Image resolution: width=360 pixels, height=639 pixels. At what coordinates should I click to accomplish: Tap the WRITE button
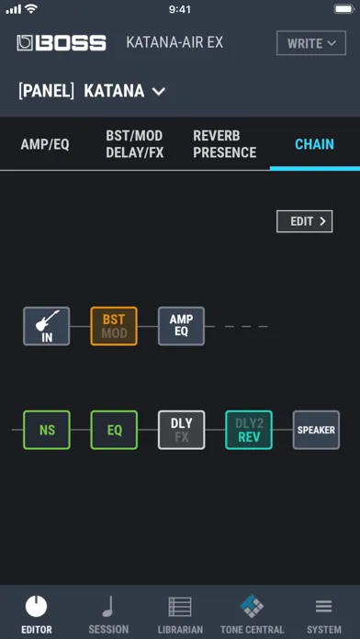pyautogui.click(x=311, y=43)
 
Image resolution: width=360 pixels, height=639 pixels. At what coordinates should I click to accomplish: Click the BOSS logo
pyautogui.click(x=62, y=43)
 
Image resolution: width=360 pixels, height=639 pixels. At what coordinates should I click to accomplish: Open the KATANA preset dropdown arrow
pyautogui.click(x=159, y=91)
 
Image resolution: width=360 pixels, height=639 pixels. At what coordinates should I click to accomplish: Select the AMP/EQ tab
pyautogui.click(x=45, y=144)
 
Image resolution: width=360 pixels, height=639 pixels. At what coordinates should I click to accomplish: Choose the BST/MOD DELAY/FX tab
pyautogui.click(x=135, y=144)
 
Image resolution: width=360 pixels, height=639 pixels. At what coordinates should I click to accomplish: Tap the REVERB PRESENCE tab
pyautogui.click(x=225, y=144)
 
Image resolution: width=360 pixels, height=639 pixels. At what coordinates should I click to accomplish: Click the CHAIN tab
pyautogui.click(x=314, y=144)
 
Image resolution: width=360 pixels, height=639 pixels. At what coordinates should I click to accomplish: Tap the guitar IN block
pyautogui.click(x=47, y=326)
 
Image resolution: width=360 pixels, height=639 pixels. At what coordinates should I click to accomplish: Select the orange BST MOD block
pyautogui.click(x=114, y=326)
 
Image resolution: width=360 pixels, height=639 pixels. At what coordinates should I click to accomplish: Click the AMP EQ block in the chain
pyautogui.click(x=182, y=326)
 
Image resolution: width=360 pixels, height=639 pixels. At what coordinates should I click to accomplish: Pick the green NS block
pyautogui.click(x=47, y=430)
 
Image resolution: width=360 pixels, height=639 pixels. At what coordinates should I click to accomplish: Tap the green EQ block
pyautogui.click(x=114, y=430)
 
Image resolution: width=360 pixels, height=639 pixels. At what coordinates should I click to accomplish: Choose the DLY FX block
pyautogui.click(x=182, y=430)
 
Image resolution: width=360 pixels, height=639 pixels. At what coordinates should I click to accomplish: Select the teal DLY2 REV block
pyautogui.click(x=249, y=430)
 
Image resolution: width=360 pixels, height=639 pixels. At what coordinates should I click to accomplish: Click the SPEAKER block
pyautogui.click(x=316, y=430)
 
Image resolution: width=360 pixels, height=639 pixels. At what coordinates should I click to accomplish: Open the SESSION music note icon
pyautogui.click(x=108, y=607)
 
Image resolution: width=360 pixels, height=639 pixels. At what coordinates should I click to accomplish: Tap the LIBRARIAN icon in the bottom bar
pyautogui.click(x=180, y=607)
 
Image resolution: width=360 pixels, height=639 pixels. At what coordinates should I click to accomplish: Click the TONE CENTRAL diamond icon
pyautogui.click(x=252, y=606)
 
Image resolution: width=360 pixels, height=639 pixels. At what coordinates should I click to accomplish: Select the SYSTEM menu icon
pyautogui.click(x=323, y=607)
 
